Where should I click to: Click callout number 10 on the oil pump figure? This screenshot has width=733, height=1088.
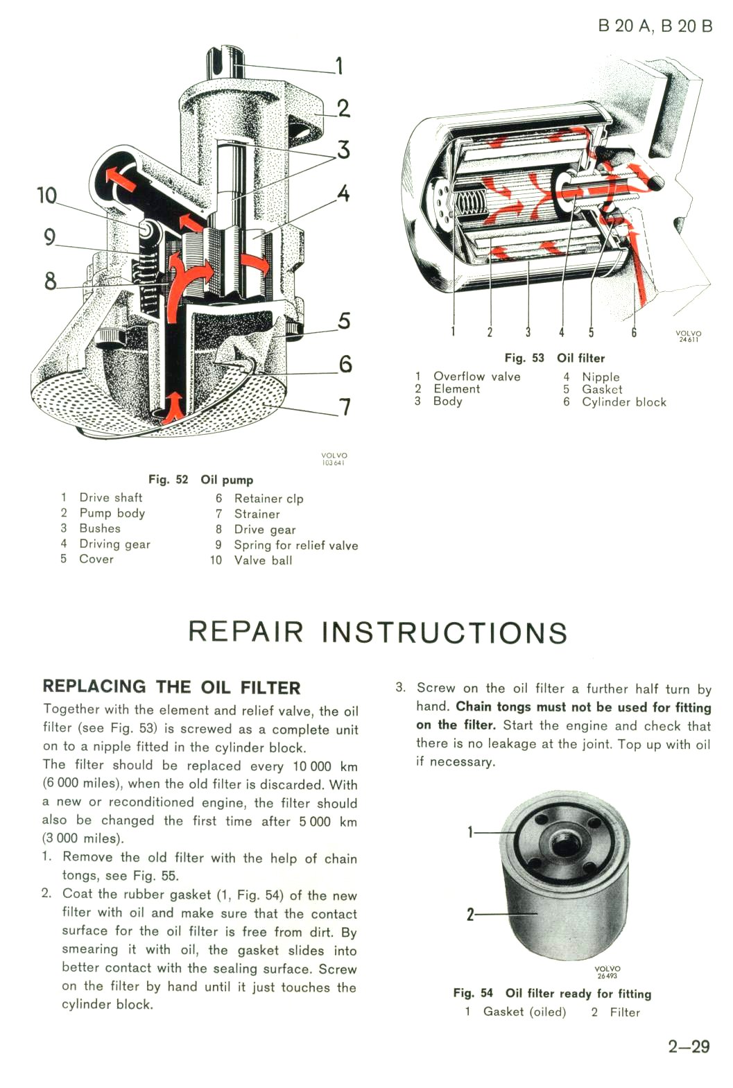(x=46, y=196)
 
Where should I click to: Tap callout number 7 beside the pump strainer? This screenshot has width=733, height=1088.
(x=344, y=407)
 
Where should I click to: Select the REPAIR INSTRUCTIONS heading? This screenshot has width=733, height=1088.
(x=378, y=632)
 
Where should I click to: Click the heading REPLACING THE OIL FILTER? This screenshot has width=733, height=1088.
(x=171, y=687)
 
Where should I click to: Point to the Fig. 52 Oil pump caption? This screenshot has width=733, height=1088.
(x=200, y=479)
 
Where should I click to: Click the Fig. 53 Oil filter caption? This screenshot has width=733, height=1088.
(x=554, y=358)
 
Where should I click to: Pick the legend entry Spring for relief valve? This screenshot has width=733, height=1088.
(x=295, y=545)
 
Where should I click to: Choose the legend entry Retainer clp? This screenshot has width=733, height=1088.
(x=268, y=499)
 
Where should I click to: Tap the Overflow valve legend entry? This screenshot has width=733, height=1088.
(x=476, y=377)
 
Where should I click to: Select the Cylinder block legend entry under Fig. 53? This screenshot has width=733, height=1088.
(x=623, y=402)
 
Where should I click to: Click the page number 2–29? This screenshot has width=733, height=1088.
(x=689, y=1046)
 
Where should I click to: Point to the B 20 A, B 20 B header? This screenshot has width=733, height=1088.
(x=655, y=26)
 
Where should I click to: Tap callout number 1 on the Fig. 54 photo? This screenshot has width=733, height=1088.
(x=470, y=832)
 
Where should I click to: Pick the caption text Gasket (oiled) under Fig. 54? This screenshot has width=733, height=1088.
(x=524, y=1012)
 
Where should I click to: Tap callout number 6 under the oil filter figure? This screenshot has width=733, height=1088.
(x=634, y=332)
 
